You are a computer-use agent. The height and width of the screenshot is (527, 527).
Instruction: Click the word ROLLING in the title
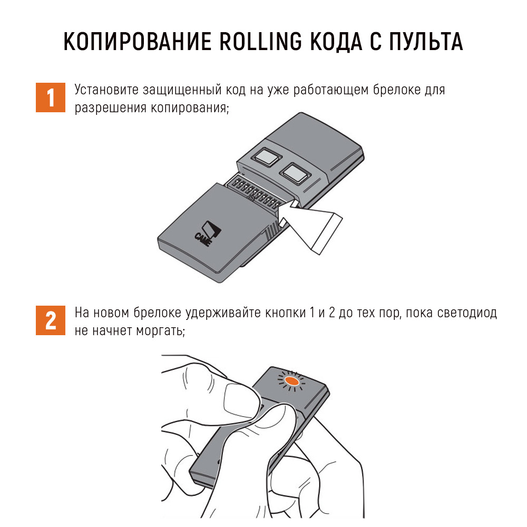point(261,42)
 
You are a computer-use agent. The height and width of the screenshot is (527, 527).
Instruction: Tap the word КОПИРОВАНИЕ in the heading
point(138,42)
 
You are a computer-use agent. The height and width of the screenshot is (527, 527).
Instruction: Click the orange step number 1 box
point(51,97)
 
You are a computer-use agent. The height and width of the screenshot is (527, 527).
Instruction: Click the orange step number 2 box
point(51,320)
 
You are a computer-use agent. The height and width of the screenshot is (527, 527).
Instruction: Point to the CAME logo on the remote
point(207,233)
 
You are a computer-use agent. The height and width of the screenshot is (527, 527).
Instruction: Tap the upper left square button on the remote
point(267,157)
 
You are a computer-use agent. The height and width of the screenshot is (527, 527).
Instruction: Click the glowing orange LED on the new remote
point(291,381)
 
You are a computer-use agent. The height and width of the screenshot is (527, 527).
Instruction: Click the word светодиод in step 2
point(467,313)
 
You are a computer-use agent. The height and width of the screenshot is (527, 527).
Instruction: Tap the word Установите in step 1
point(106,90)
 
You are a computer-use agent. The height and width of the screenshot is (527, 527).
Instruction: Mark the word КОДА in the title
point(336,42)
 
